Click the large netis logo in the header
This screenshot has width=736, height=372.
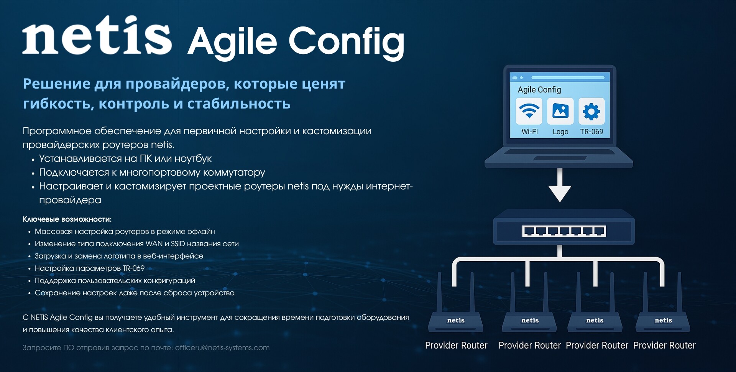point(97,35)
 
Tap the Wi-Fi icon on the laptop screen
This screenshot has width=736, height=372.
point(529,111)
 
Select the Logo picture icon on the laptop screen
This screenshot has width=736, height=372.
point(560,111)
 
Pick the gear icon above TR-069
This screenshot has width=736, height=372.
point(591,111)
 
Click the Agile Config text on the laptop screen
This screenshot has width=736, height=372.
point(539,90)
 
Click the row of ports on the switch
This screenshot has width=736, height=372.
point(564,231)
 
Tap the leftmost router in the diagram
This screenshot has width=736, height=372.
point(456,303)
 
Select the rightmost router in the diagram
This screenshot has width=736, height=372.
point(663,303)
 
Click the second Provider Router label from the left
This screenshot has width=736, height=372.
point(529,346)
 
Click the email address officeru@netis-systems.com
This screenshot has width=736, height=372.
point(222,348)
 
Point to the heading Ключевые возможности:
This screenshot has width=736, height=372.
point(67,219)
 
